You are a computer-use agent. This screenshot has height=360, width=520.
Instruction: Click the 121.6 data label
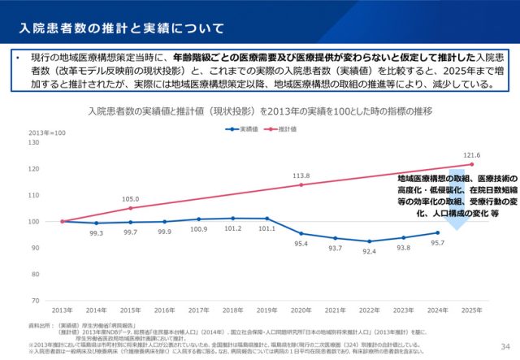pos(471,155)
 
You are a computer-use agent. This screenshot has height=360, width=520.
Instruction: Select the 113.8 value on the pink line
pos(301,176)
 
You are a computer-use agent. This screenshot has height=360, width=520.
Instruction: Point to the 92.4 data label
pos(369,252)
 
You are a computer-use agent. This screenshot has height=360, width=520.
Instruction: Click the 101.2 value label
pos(232,229)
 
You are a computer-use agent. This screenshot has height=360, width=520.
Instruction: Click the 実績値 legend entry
pos(241,128)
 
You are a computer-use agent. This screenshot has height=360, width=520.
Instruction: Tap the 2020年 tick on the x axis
pos(301,310)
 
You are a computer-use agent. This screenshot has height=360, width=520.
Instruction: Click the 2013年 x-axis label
pos(62,310)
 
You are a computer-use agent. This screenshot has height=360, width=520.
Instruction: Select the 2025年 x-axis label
pos(471,310)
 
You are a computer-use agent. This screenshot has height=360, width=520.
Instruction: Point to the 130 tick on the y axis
pos(33,142)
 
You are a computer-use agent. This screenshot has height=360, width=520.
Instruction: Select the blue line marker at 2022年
pos(369,241)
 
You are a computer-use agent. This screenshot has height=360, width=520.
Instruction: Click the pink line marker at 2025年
pos(471,165)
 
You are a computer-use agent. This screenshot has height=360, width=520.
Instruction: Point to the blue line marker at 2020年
pos(301,233)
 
